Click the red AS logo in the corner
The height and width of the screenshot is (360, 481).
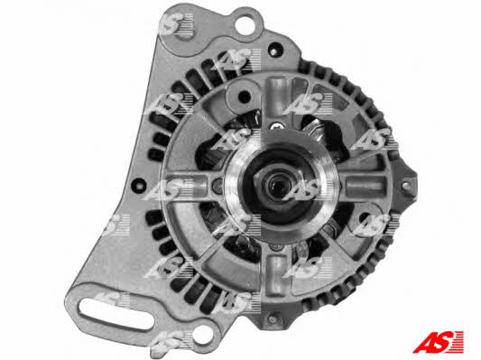coord(438,342)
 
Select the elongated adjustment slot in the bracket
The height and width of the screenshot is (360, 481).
coord(116,314)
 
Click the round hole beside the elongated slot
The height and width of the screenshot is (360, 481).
coord(201,334)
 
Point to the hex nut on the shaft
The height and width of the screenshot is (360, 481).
coord(278,185)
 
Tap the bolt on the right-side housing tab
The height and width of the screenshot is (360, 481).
coord(405,185)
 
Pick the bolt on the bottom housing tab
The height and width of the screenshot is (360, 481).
coord(272,319)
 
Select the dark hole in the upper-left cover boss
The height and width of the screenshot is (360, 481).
coord(245,97)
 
